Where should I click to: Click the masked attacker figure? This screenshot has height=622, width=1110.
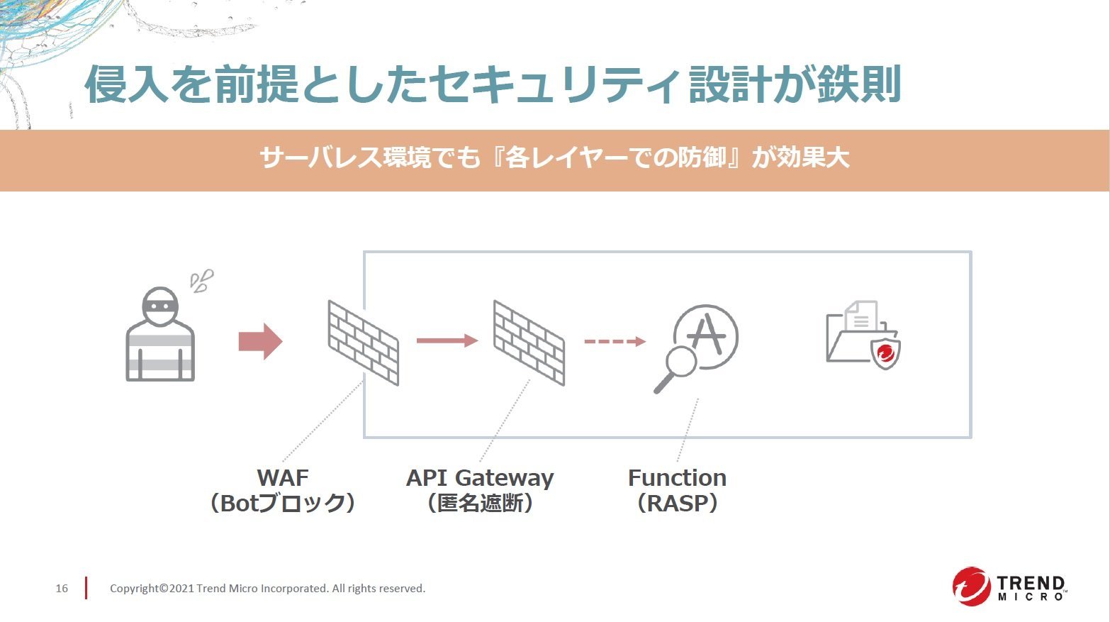[x=160, y=334]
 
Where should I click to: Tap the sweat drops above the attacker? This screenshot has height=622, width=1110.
[x=202, y=281]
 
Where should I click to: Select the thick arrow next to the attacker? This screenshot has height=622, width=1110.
[x=260, y=341]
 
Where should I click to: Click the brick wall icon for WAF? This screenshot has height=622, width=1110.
[x=363, y=343]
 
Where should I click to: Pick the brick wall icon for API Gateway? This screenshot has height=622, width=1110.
[x=529, y=343]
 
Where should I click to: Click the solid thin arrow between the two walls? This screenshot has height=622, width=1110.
[x=447, y=340]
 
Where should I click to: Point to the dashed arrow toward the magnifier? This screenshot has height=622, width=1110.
[x=615, y=341]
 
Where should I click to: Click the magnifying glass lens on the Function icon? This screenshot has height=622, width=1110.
[x=681, y=362]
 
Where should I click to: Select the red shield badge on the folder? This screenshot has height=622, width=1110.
[x=885, y=352]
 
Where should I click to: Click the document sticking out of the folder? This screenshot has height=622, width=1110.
[x=861, y=316]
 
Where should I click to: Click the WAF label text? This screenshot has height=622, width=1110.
[x=282, y=478]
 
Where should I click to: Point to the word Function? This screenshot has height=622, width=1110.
[x=677, y=478]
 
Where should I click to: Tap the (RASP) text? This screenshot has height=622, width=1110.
[x=677, y=504]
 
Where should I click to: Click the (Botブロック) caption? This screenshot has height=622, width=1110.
[x=282, y=504]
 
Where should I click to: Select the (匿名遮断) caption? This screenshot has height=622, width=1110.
[x=480, y=504]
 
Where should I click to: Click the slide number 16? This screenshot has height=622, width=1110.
[x=62, y=588]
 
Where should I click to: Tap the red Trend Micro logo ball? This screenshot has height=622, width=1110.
[x=971, y=587]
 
